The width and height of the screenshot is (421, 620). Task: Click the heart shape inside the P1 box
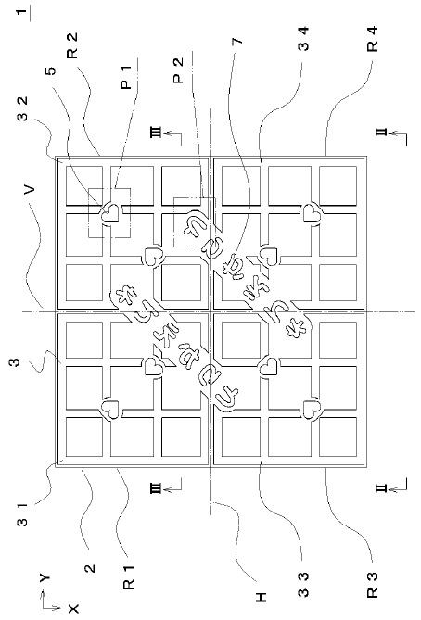click(x=108, y=210)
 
